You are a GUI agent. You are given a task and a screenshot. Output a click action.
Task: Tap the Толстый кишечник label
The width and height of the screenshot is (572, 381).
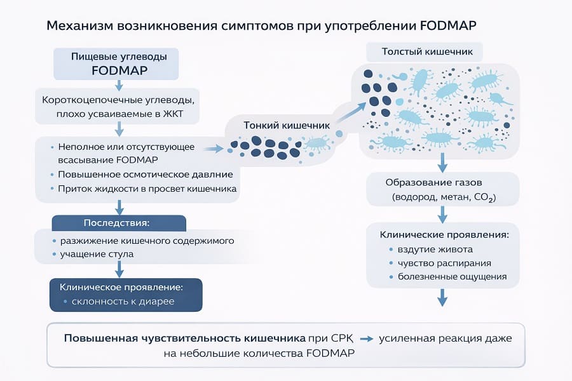pyautogui.click(x=423, y=51)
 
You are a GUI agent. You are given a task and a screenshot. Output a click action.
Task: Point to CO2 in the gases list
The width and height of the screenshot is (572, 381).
pyautogui.click(x=484, y=198)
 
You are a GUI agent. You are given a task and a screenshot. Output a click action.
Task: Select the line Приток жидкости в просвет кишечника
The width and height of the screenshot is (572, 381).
pyautogui.click(x=147, y=189)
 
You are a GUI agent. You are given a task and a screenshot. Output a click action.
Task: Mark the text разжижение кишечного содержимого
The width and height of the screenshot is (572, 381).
pyautogui.click(x=147, y=241)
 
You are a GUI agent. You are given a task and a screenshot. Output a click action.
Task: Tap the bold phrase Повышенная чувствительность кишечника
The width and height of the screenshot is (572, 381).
pyautogui.click(x=184, y=338)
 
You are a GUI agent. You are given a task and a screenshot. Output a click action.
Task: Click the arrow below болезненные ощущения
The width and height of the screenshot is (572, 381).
pyautogui.click(x=442, y=298)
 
